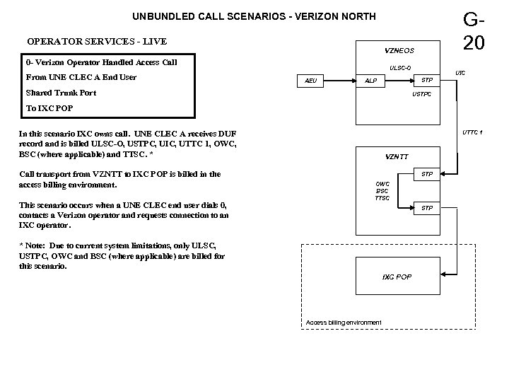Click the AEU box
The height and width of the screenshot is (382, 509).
tap(312, 81)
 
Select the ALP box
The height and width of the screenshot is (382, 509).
tap(370, 81)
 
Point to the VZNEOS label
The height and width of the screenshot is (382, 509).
tap(399, 51)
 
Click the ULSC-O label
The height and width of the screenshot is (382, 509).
tap(399, 69)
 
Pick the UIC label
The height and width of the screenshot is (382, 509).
tap(460, 73)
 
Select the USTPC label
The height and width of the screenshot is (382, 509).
tap(421, 93)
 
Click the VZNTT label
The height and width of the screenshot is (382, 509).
tap(396, 156)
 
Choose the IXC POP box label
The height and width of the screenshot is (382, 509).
tap(397, 276)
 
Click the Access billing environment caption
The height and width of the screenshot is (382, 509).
tap(344, 323)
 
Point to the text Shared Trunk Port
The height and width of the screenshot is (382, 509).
tap(61, 93)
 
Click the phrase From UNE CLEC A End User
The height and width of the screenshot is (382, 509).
tap(81, 77)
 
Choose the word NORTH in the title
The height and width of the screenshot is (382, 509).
tap(358, 16)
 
